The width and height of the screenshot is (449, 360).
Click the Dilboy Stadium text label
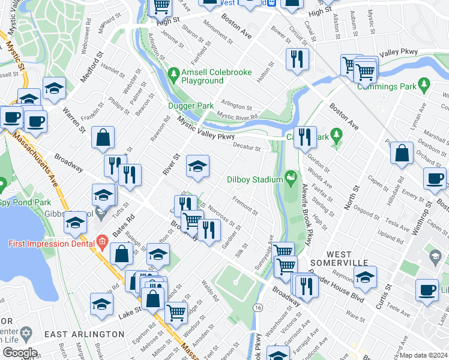click(255, 179)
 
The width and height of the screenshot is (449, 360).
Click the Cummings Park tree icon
click(425, 83)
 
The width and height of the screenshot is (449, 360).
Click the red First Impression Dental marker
click(101, 244)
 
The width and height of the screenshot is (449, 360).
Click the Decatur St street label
click(247, 148)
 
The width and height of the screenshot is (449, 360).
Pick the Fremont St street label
click(245, 207)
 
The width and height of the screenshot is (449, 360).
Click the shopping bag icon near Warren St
click(103, 137)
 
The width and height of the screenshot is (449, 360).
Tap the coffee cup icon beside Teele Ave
click(427, 290)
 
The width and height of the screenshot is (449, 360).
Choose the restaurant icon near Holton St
click(298, 59)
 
